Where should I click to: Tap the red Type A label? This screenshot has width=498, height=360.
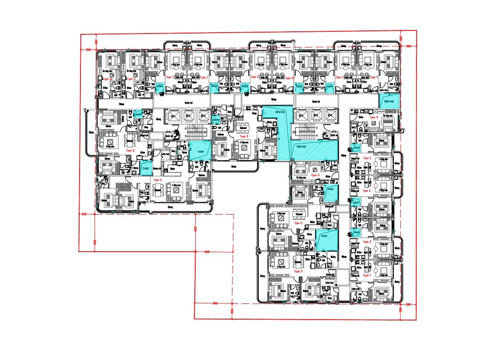[157, 180]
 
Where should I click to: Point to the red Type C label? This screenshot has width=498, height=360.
[297, 223]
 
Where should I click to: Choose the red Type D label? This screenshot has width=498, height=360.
[297, 270]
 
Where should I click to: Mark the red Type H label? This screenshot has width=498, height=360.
[373, 117]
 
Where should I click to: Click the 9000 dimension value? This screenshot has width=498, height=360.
[207, 252]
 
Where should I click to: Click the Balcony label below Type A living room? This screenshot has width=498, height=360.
[169, 207]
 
